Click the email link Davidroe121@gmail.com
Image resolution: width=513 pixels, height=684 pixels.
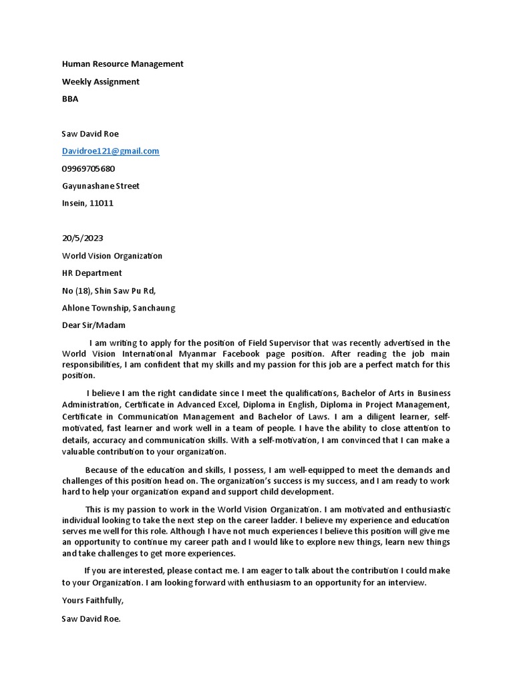[110, 151]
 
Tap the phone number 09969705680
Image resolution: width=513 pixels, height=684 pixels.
[88, 168]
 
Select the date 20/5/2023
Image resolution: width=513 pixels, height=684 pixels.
[82, 238]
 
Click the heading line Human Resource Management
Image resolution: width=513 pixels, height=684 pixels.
[122, 64]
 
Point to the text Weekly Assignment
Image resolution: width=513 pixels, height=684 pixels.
[100, 81]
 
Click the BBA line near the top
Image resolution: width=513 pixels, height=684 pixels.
[70, 99]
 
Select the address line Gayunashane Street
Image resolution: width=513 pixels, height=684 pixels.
[100, 186]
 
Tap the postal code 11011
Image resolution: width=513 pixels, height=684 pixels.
[100, 203]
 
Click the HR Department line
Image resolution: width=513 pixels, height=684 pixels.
[92, 273]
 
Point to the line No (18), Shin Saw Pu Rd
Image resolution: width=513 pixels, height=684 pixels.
[109, 290]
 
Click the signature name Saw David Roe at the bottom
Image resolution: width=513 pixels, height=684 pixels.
[91, 619]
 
